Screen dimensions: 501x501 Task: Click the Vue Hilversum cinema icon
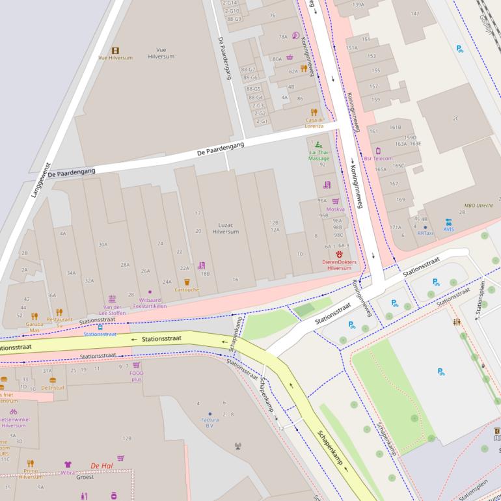pos(115,50)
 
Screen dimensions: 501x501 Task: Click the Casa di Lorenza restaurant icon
pos(314,112)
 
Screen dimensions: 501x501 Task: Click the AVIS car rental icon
pos(449,222)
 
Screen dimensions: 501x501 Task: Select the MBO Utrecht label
pos(478,205)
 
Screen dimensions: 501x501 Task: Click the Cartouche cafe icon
pos(187,282)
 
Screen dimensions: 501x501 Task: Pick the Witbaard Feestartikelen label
pos(150,303)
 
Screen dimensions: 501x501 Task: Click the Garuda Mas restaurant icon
pos(34,316)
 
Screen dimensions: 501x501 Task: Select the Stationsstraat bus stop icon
pos(100,327)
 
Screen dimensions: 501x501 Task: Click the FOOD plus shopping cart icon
pos(136,365)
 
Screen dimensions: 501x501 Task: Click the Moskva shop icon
pos(336,202)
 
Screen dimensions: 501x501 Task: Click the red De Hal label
pos(102,465)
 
